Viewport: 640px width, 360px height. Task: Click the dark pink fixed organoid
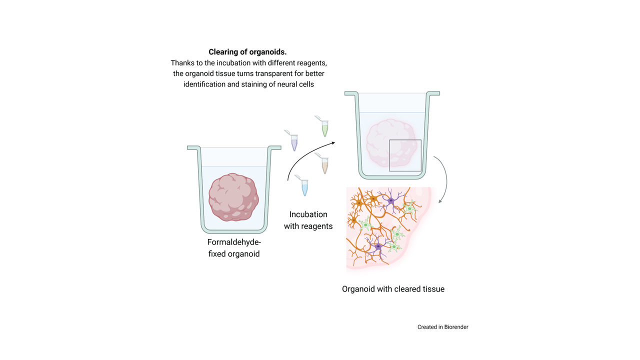click(x=233, y=197)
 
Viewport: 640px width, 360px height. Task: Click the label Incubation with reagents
click(x=308, y=220)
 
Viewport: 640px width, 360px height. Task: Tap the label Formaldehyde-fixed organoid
click(x=234, y=248)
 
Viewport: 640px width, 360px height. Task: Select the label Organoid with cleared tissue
click(x=393, y=289)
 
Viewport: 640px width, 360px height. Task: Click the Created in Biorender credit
click(x=442, y=327)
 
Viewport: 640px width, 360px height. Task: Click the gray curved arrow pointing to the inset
click(x=444, y=177)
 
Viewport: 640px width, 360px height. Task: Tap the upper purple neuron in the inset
click(x=391, y=200)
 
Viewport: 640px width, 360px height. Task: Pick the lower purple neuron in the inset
click(x=378, y=246)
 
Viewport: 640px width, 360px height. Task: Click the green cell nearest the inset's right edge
click(x=410, y=208)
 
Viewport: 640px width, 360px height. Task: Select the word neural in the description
click(x=284, y=84)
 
